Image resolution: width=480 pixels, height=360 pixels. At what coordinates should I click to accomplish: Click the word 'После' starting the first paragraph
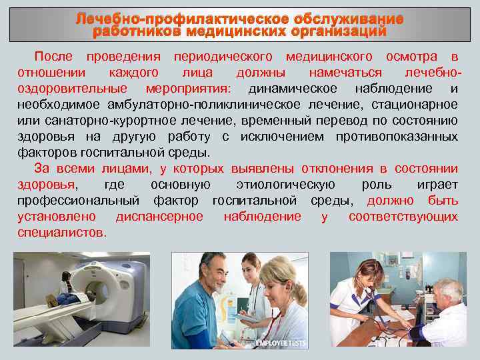[55, 57]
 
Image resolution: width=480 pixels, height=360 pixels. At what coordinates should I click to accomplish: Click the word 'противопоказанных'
[408, 137]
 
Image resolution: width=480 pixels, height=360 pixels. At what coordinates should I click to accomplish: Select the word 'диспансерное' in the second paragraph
[159, 217]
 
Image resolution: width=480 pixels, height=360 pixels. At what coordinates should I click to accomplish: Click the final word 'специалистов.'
[62, 233]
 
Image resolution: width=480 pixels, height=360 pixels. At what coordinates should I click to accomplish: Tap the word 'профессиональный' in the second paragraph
[78, 201]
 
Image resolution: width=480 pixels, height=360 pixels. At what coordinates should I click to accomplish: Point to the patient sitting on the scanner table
[65, 287]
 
